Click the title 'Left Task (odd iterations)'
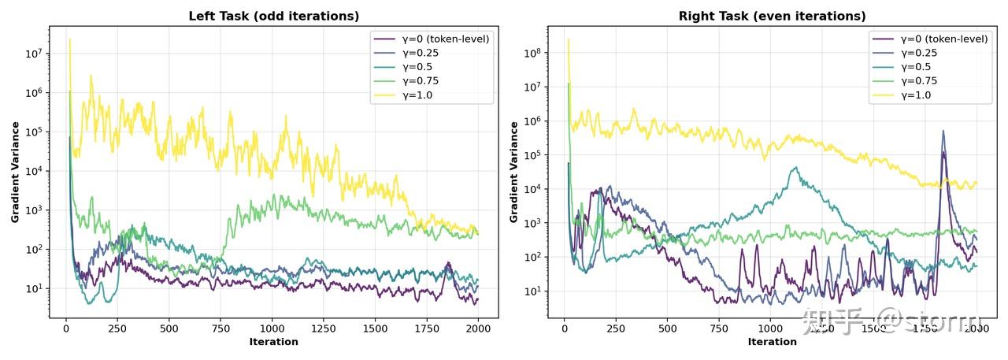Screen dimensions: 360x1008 tap(273, 16)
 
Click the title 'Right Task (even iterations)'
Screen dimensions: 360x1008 tap(772, 16)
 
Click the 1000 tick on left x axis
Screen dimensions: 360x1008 tap(272, 328)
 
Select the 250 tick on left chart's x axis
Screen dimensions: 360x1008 tap(117, 328)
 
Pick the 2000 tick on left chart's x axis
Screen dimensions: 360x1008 tap(478, 328)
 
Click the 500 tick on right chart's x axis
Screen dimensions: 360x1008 tap(668, 328)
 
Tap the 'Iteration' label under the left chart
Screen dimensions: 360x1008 tap(273, 342)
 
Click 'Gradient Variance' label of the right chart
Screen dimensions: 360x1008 tap(514, 172)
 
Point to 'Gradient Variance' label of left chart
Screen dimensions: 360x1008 tap(15, 172)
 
